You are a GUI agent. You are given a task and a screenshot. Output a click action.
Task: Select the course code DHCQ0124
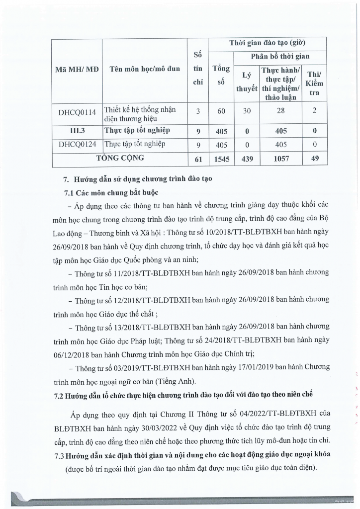(x=77, y=145)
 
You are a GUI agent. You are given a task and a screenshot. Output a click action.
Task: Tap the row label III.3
(x=77, y=131)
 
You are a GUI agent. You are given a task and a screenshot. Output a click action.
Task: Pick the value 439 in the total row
(x=246, y=159)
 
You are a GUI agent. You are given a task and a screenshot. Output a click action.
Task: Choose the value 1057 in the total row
(x=281, y=159)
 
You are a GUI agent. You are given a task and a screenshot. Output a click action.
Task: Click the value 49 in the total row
(x=315, y=159)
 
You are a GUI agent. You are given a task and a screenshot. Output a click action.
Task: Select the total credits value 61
(x=197, y=159)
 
